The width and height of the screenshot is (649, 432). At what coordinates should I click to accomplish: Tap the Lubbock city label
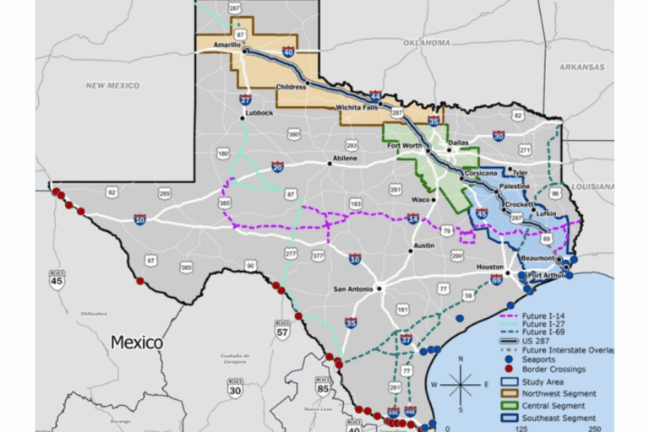[259, 112]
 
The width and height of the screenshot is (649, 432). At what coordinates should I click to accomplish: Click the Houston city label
[491, 267]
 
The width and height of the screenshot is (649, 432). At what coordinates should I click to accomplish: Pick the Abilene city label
[344, 158]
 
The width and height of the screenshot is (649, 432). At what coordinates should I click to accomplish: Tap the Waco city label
[421, 200]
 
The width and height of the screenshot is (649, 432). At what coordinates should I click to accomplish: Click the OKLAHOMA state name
[427, 41]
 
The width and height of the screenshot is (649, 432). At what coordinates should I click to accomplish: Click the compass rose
[460, 385]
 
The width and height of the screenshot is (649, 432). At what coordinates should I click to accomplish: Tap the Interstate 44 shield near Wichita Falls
[373, 98]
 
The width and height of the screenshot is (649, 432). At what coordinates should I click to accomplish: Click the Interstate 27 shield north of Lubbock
[244, 100]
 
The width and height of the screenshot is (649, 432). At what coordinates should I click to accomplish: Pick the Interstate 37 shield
[406, 340]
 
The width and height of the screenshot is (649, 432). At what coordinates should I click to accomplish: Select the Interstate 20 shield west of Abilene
[279, 167]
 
